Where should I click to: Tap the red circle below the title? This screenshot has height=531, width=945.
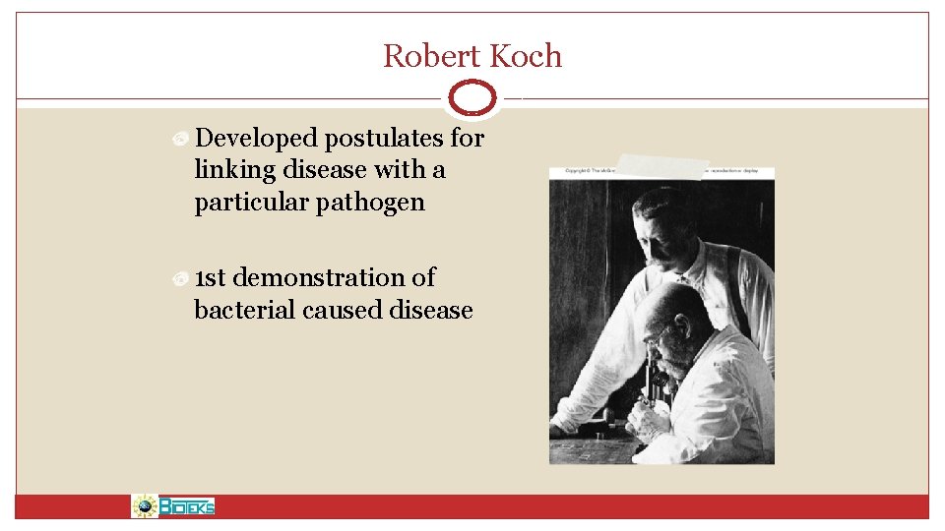click(x=472, y=98)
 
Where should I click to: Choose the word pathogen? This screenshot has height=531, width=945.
click(x=378, y=203)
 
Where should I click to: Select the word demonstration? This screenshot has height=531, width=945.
click(x=335, y=278)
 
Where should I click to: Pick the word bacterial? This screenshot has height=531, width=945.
click(x=245, y=311)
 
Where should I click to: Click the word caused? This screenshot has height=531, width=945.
click(x=343, y=311)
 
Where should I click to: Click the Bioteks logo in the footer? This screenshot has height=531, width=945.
click(x=173, y=506)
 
